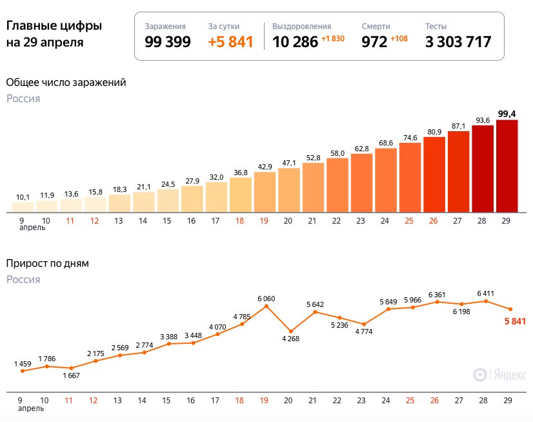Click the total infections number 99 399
[x=168, y=43]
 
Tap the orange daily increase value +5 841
[x=230, y=43]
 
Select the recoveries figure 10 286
[x=295, y=43]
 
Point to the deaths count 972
[x=374, y=43]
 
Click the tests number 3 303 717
[x=458, y=43]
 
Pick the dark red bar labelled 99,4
[x=507, y=166]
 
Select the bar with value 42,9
[x=265, y=192]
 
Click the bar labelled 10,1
[x=23, y=207]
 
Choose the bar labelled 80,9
[x=434, y=174]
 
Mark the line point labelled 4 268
[x=290, y=331]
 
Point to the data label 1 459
[x=23, y=364]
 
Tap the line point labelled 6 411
[x=486, y=301]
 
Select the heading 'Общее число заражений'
[x=66, y=83]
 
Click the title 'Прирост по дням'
[x=48, y=264]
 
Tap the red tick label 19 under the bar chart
[x=264, y=221]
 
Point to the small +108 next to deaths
[x=399, y=39]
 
